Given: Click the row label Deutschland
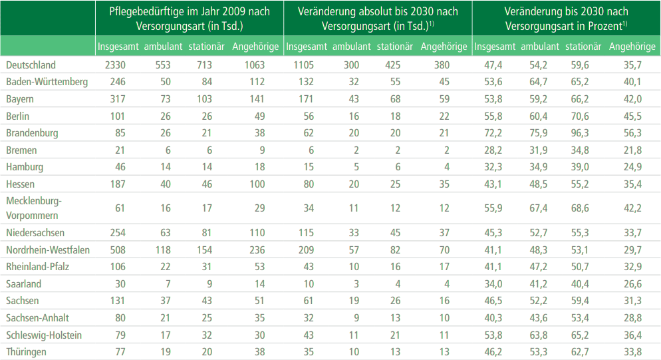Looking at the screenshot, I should coord(31,65).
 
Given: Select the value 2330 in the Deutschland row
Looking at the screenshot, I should coord(116,65).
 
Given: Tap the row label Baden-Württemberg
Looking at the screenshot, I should coord(47,82).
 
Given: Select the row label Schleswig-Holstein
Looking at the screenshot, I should coord(43,335).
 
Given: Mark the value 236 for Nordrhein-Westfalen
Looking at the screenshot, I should coord(255,250).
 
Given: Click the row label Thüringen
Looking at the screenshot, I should coord(27,352).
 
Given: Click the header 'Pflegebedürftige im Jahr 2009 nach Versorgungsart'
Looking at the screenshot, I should coord(189,19).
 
